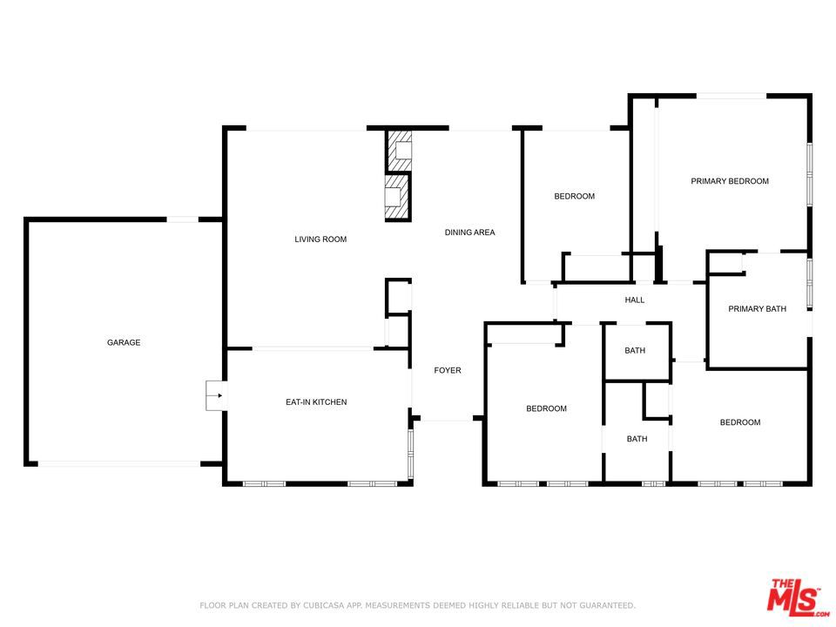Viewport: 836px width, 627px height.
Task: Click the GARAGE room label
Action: [x=124, y=343]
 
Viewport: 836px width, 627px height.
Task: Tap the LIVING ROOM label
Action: [x=320, y=239]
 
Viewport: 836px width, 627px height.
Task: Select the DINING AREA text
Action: [x=469, y=233]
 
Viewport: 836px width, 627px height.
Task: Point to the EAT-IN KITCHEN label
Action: [x=316, y=402]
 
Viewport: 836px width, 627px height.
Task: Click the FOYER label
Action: [x=448, y=371]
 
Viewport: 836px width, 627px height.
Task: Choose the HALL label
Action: [x=635, y=300]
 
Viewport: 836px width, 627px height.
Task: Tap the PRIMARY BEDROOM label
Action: [x=730, y=181]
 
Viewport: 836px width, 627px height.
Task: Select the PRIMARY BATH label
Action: [x=757, y=309]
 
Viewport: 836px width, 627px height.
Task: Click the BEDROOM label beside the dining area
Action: [x=575, y=197]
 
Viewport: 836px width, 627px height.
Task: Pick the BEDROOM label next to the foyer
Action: [x=546, y=409]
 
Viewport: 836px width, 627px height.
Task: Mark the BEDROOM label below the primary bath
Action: [x=739, y=423]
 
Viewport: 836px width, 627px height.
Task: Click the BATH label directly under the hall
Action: [x=635, y=352]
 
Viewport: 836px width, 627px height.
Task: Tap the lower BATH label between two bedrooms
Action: [x=637, y=439]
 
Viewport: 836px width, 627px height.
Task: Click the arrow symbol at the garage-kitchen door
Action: [x=215, y=396]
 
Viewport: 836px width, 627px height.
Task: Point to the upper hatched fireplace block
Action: [x=399, y=151]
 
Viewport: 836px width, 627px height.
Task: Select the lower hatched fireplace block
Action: [x=397, y=199]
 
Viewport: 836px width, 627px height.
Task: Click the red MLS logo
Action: [x=792, y=597]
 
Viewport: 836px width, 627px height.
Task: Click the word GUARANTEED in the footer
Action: [x=604, y=605]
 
